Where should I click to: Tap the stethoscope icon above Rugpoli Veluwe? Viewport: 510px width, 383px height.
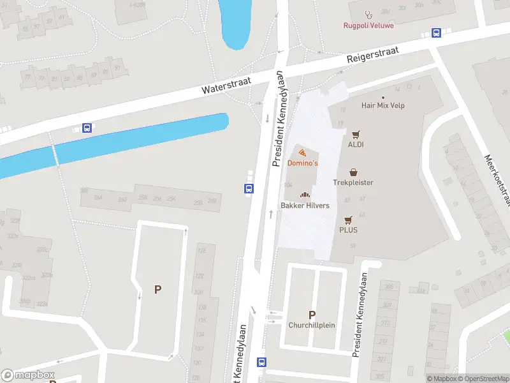pyautogui.click(x=367, y=14)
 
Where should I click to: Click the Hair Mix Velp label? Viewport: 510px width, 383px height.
pyautogui.click(x=382, y=105)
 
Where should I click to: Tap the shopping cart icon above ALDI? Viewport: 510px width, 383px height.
pyautogui.click(x=356, y=134)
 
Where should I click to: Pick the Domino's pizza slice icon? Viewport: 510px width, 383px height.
pyautogui.click(x=302, y=153)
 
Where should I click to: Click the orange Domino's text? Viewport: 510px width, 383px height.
pyautogui.click(x=302, y=163)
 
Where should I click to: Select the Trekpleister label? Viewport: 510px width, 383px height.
pyautogui.click(x=353, y=183)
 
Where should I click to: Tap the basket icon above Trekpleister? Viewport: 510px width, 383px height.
pyautogui.click(x=353, y=172)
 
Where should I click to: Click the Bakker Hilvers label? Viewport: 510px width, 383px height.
pyautogui.click(x=305, y=205)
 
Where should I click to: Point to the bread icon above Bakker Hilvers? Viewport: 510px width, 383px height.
pyautogui.click(x=305, y=195)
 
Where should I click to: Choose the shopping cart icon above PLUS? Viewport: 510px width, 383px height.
pyautogui.click(x=348, y=220)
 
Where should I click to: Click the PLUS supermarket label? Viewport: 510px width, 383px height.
pyautogui.click(x=348, y=230)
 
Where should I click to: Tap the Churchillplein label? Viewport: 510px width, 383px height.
pyautogui.click(x=312, y=325)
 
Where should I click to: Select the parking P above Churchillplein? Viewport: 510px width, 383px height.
pyautogui.click(x=312, y=315)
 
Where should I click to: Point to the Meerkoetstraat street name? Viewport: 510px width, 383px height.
pyautogui.click(x=497, y=181)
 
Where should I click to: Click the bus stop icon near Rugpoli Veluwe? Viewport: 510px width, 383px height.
pyautogui.click(x=437, y=33)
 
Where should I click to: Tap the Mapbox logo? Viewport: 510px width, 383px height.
pyautogui.click(x=28, y=375)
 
